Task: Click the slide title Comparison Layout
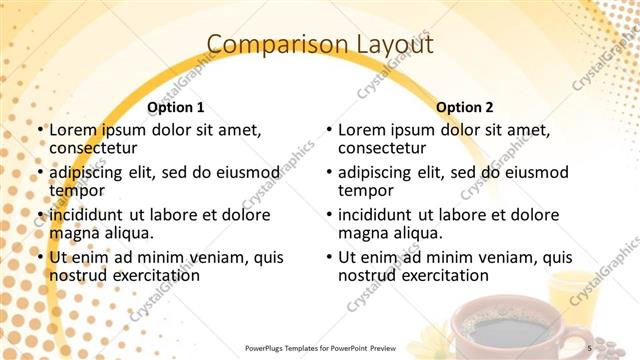coord(320,44)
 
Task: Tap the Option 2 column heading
coord(465,107)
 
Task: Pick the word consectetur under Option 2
coord(380,148)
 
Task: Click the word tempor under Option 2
coord(362,190)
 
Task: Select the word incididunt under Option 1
coord(92,214)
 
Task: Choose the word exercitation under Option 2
coord(442,275)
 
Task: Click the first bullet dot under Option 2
coord(328,131)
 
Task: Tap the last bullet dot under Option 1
coord(39,258)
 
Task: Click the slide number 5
coord(590,347)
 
